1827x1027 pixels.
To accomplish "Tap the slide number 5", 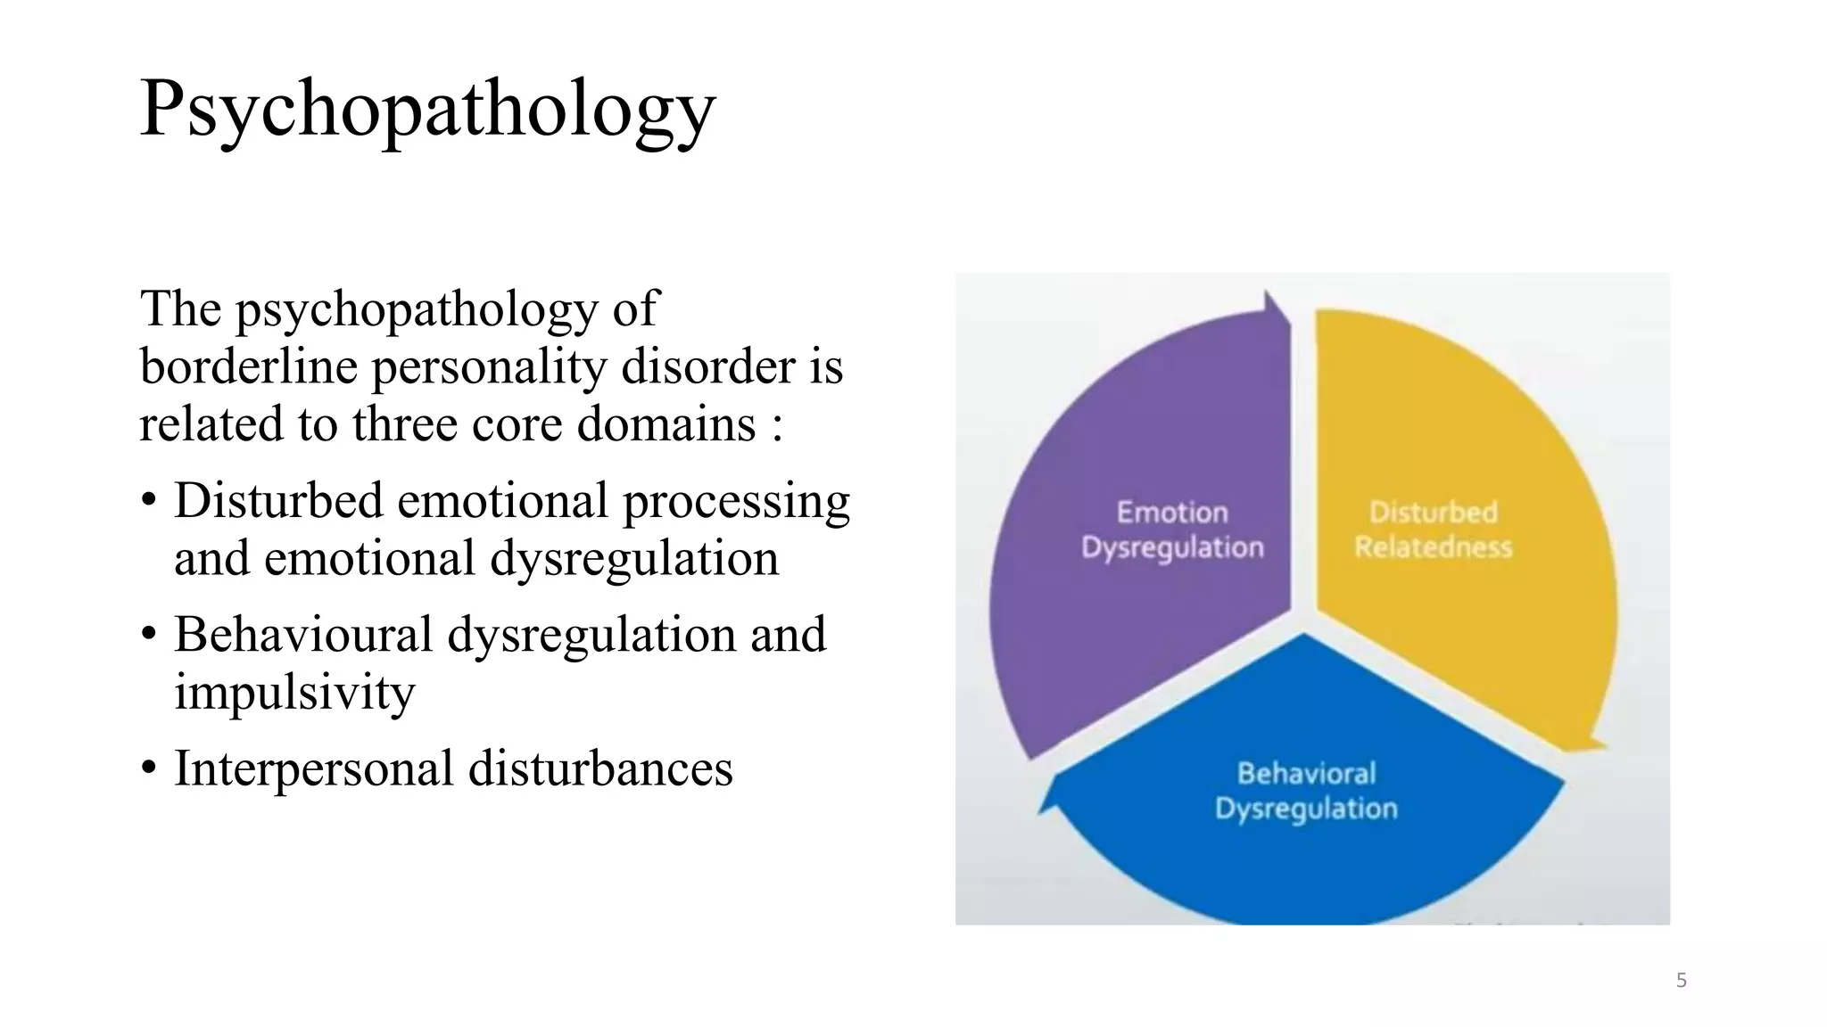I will tap(1681, 981).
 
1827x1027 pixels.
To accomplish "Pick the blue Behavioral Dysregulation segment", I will tap(1302, 856).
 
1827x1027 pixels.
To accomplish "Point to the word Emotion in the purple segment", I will tap(1172, 513).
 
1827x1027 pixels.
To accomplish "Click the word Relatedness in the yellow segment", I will tap(1433, 546).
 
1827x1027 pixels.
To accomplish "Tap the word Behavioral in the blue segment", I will tap(1306, 773).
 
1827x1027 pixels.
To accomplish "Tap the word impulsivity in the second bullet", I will tap(294, 692).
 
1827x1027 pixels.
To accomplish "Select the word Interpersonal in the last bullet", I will tap(313, 768).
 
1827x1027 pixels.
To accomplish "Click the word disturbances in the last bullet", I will tap(600, 768).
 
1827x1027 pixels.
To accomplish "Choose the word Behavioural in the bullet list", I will tap(302, 635).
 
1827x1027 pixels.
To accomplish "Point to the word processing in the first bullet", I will tap(736, 501).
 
